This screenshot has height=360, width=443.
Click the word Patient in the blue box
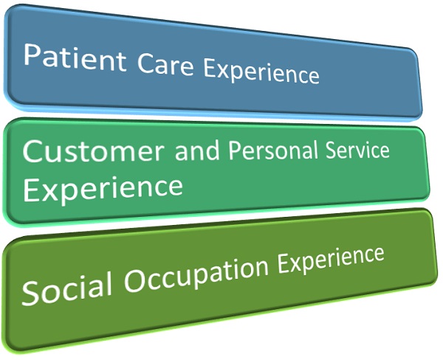pos(75,57)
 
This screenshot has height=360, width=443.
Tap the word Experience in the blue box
pos(261,72)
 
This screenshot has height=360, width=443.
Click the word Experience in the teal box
pos(103,188)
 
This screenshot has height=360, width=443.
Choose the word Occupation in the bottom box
pos(196,274)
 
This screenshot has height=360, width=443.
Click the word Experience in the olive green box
pos(331,260)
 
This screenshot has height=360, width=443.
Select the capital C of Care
pos(145,63)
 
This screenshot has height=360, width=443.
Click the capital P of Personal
pos(234,150)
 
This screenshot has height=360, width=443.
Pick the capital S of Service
pos(332,150)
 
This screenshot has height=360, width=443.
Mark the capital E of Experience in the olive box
pos(283,263)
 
